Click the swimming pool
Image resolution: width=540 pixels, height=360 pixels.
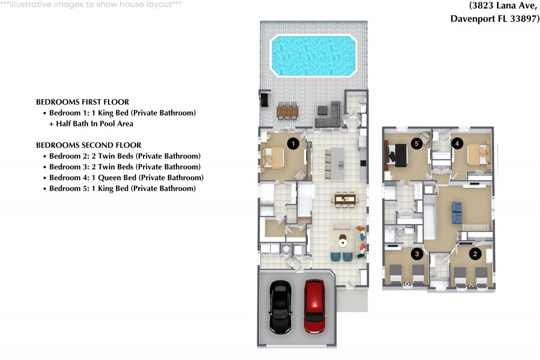coord(314,56)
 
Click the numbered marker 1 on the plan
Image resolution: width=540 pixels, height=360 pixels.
coord(293,144)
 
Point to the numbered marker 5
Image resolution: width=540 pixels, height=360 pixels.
coord(416,144)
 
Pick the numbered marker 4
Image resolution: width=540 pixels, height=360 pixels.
coord(457,144)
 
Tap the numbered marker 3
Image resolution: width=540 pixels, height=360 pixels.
coord(416,253)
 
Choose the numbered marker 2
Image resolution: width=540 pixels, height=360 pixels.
coord(475,253)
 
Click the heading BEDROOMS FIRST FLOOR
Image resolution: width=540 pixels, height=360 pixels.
coord(83,102)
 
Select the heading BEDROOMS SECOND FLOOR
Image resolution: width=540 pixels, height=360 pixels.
coord(89,145)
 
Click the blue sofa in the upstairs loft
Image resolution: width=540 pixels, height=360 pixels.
coord(457,212)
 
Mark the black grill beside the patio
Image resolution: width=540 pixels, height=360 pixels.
coord(266,100)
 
